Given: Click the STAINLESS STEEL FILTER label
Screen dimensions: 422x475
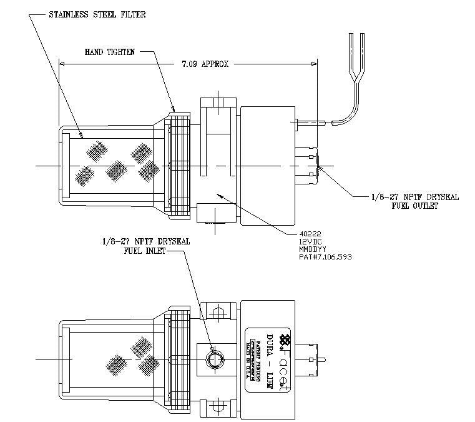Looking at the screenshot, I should tap(97, 14).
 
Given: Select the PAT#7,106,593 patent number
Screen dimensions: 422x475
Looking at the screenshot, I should tap(325, 256).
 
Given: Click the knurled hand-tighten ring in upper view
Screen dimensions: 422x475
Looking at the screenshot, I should tap(180, 166).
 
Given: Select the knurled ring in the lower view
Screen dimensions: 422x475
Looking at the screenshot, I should tap(180, 359).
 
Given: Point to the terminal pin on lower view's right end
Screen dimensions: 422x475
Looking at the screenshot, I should tap(323, 359).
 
